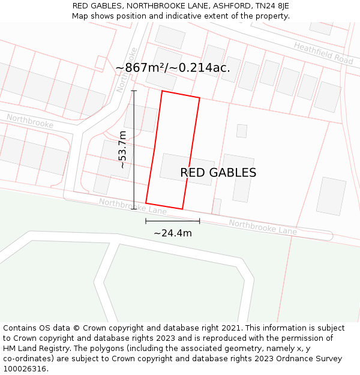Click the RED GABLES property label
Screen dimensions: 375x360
[x=218, y=173]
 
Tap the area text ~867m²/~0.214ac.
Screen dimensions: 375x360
[x=173, y=68]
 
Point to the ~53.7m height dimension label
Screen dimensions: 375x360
[x=122, y=149]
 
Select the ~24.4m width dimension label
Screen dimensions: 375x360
[x=173, y=233]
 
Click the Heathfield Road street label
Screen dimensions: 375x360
[x=323, y=53]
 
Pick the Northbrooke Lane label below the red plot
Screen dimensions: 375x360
[x=133, y=206]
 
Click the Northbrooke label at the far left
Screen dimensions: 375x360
[x=30, y=121]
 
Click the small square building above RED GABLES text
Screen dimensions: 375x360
[x=242, y=131]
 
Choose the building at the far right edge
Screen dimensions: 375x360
[x=331, y=196]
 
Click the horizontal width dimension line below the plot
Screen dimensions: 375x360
[x=173, y=221]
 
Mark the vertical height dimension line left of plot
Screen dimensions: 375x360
[x=134, y=150]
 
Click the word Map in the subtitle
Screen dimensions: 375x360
[x=80, y=16]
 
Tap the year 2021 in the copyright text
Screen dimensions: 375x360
[x=233, y=328]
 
